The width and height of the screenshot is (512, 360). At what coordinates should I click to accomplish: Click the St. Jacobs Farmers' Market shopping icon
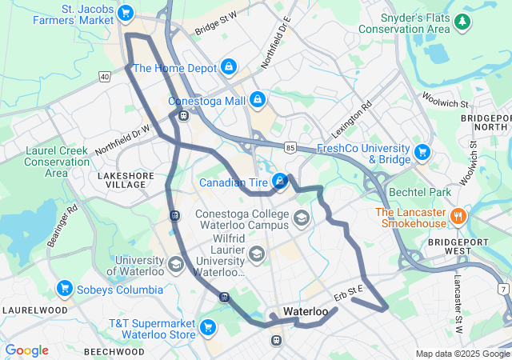tap(125, 13)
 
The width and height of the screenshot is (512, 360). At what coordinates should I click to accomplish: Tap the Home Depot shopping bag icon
tap(229, 66)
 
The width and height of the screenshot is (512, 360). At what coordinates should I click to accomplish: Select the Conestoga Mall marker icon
tap(257, 100)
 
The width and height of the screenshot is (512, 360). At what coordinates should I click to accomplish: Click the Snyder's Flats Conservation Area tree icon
tap(462, 22)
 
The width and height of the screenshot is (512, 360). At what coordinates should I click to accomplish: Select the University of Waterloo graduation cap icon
tap(176, 263)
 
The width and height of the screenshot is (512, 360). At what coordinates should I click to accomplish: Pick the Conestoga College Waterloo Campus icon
tap(302, 218)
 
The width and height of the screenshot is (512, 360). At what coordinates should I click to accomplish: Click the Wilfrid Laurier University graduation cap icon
tap(257, 254)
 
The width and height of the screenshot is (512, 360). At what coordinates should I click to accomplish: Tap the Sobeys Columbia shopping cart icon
tap(65, 288)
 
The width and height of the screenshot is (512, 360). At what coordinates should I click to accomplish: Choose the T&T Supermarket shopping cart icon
tap(208, 326)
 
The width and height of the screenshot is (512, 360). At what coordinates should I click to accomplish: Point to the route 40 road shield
tap(105, 76)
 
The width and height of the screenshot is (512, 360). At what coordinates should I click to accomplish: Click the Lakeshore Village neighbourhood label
tap(122, 179)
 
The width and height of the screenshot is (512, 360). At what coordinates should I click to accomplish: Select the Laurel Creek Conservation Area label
tap(57, 161)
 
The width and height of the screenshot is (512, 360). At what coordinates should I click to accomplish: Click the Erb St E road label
tap(349, 293)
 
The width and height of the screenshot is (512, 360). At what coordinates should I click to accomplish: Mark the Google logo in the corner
tap(27, 350)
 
